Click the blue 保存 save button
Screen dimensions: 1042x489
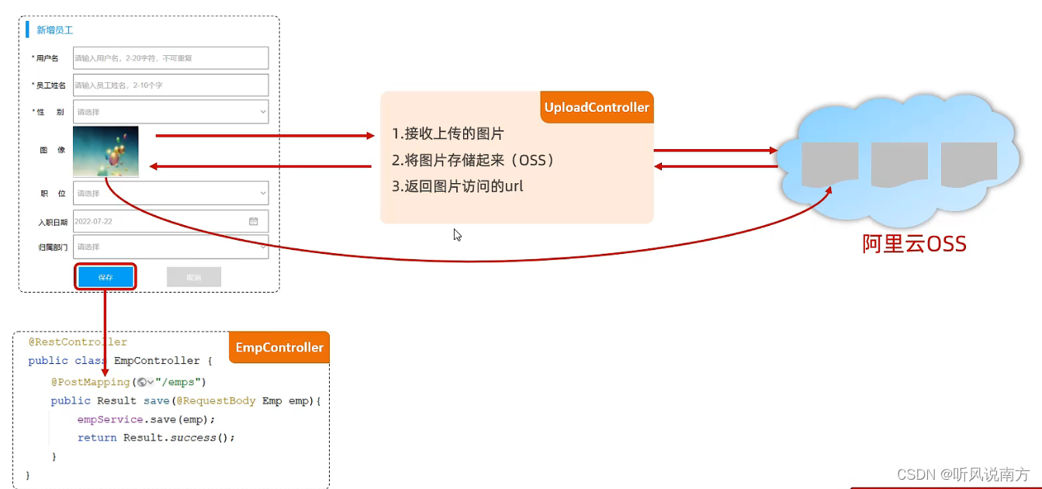106,277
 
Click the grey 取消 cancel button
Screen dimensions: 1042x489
194,277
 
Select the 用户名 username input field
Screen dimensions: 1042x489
171,58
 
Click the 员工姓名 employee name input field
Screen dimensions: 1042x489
171,85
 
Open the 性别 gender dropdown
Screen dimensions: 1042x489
171,112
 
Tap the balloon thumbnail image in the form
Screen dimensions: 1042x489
106,151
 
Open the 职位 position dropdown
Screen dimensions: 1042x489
171,193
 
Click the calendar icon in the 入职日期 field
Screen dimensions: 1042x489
253,221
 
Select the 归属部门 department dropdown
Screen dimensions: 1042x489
171,247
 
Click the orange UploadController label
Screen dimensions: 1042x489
597,108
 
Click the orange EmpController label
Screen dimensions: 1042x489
279,348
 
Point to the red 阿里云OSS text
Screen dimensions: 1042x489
915,244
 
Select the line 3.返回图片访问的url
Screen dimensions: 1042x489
458,186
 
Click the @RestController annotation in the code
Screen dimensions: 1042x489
78,342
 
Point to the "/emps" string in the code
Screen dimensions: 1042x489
180,382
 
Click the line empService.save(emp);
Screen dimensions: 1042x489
146,419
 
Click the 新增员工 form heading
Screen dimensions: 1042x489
55,30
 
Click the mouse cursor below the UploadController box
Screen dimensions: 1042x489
457,234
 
